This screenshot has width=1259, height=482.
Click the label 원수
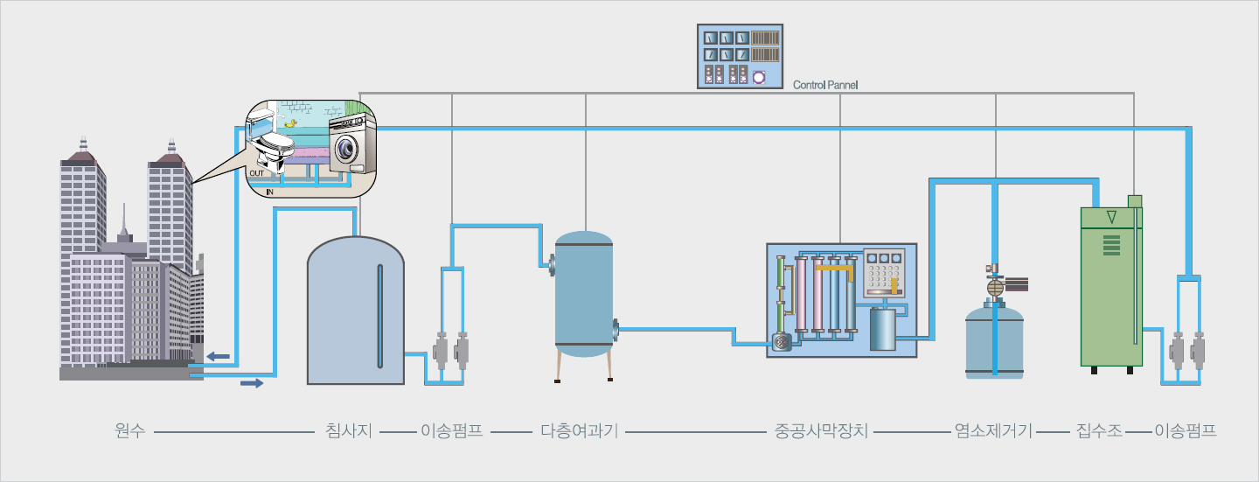point(129,431)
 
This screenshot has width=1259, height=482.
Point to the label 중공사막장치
point(821,431)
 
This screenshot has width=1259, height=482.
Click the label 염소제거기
point(994,431)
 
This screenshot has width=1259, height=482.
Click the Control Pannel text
point(825,86)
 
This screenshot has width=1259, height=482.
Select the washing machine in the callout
point(352,146)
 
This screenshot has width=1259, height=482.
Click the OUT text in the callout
point(256,174)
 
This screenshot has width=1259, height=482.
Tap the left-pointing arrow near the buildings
point(219,356)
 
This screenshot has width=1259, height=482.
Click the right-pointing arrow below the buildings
point(251,383)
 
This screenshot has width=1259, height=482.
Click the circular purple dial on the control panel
point(758,77)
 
